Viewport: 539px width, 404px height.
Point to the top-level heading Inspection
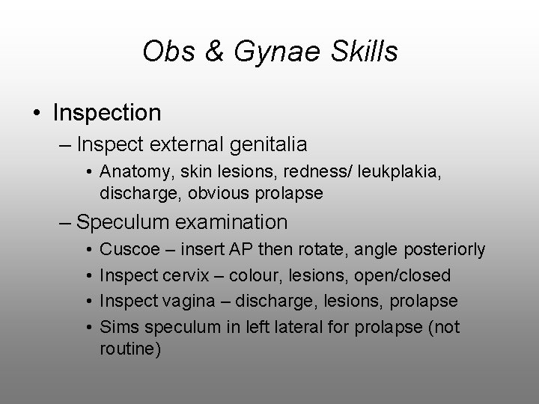pyautogui.click(x=107, y=113)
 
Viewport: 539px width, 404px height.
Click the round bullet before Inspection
pyautogui.click(x=37, y=114)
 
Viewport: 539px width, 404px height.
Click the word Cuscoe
pyautogui.click(x=127, y=248)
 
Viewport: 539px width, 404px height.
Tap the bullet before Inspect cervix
pyautogui.click(x=88, y=275)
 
